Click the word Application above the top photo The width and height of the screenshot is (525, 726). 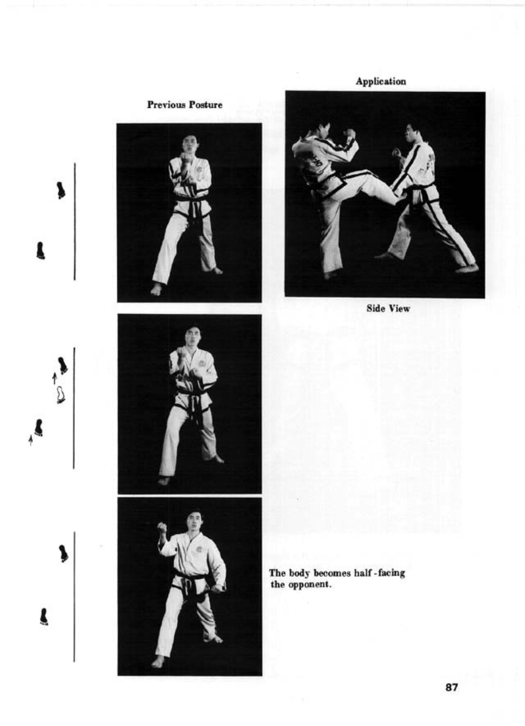click(x=380, y=81)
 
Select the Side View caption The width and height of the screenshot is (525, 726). click(x=388, y=309)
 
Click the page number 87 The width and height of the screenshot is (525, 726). click(x=451, y=688)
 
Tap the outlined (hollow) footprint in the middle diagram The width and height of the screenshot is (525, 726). click(x=60, y=395)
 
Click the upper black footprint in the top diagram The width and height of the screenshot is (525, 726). click(x=61, y=190)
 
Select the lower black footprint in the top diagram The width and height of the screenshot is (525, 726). click(x=40, y=250)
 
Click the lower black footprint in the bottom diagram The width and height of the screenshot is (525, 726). click(x=44, y=617)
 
